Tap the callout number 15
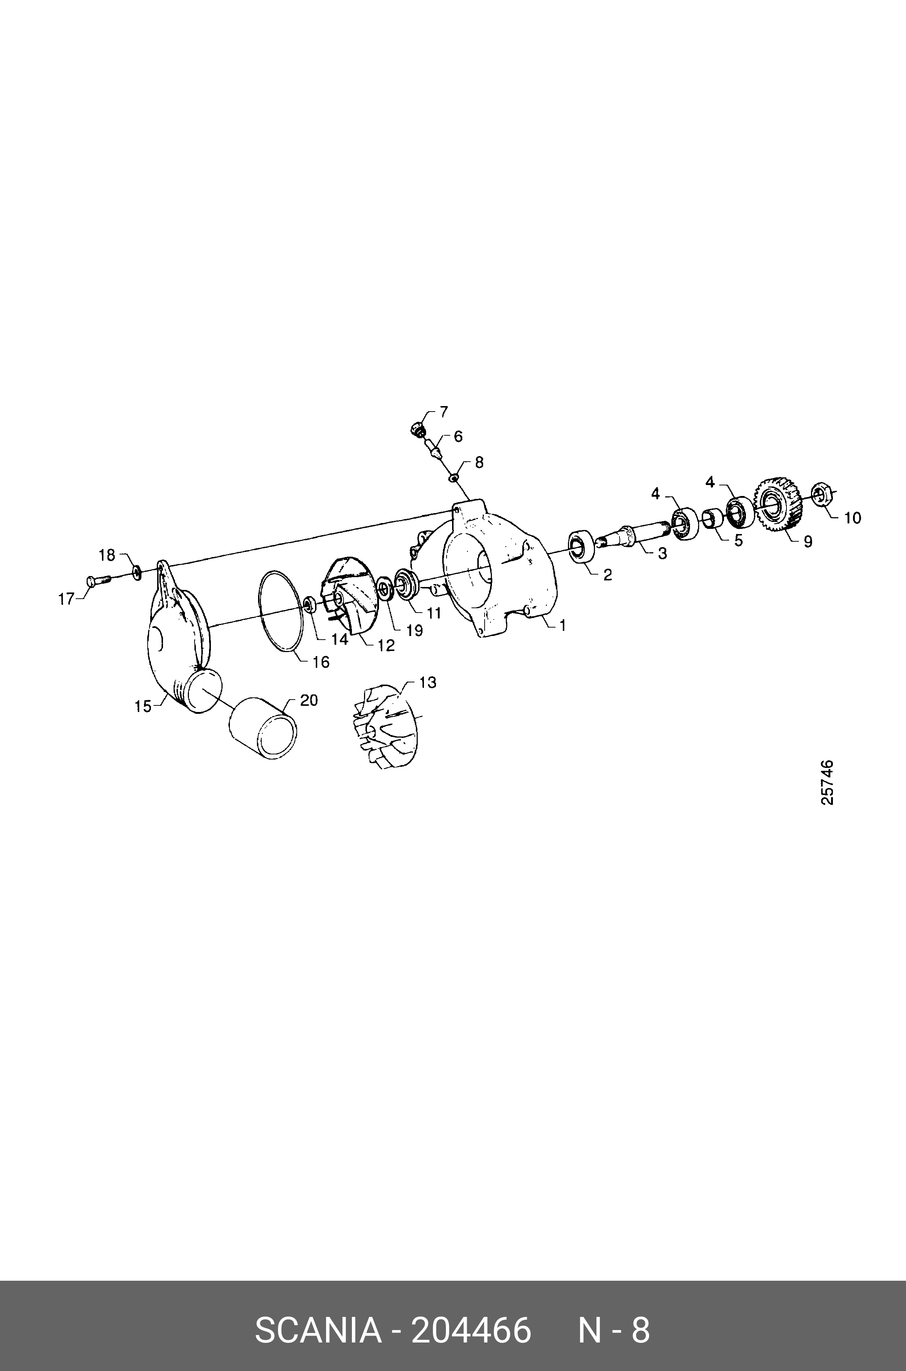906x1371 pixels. (x=143, y=706)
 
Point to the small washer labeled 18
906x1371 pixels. (x=137, y=572)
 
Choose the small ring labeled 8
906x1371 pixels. (x=455, y=477)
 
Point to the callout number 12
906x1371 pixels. (x=386, y=645)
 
